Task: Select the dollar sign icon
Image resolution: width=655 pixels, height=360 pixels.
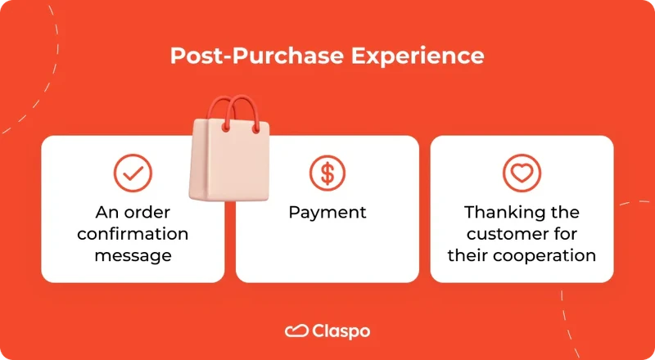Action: pyautogui.click(x=327, y=173)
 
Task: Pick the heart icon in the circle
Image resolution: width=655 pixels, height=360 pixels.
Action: pyautogui.click(x=522, y=173)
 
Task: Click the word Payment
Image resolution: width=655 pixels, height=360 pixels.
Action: pyautogui.click(x=327, y=213)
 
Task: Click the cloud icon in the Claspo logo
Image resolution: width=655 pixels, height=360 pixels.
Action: pyautogui.click(x=296, y=331)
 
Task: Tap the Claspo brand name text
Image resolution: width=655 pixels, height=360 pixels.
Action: pyautogui.click(x=341, y=331)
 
